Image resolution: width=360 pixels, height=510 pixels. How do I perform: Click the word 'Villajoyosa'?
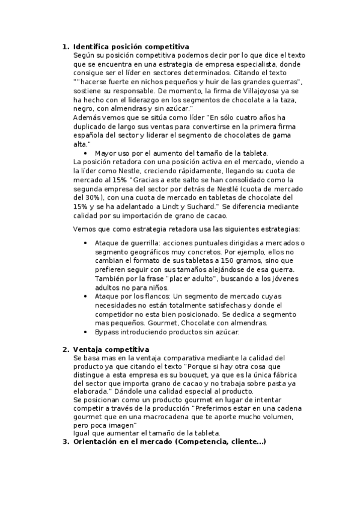220,90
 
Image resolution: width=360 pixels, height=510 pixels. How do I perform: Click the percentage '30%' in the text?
90,197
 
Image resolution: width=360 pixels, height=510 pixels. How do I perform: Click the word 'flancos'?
157,296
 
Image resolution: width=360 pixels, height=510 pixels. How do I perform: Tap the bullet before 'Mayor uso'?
87,153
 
